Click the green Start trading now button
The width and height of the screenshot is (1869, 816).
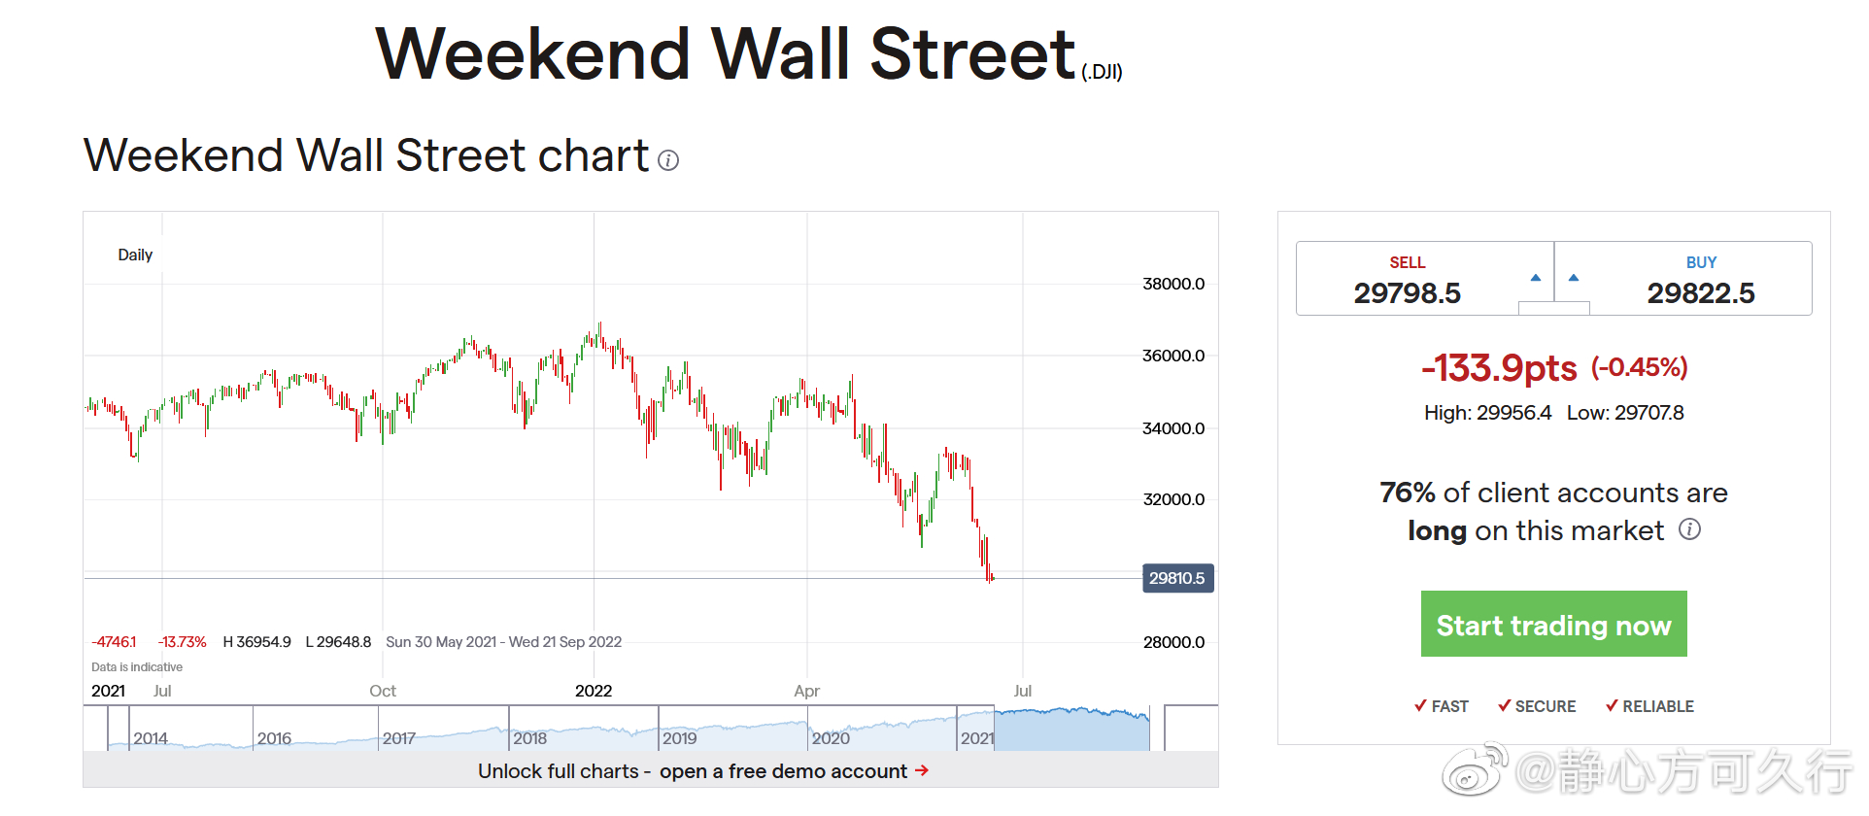pos(1553,625)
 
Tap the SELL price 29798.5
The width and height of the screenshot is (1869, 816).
pos(1407,292)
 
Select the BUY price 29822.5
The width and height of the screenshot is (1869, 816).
pos(1700,292)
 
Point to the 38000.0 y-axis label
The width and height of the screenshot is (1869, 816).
pos(1172,284)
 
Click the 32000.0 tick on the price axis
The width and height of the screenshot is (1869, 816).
pos(1172,499)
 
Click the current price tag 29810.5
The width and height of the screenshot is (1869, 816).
pos(1177,578)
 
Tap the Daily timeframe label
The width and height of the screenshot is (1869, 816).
pos(135,255)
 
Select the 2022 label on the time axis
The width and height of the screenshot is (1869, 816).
pos(594,691)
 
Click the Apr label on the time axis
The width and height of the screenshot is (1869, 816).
pos(806,691)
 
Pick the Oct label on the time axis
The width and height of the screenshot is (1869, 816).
pos(383,691)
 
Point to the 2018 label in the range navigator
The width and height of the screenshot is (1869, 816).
pos(529,738)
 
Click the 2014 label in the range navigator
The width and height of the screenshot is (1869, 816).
pos(151,738)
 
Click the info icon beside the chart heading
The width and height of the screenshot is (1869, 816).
pos(668,160)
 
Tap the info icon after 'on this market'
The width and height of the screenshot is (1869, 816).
pos(1690,529)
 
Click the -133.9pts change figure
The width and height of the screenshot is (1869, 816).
pos(1499,368)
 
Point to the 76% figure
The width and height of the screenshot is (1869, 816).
pos(1408,493)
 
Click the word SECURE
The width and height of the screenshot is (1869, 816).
pos(1545,706)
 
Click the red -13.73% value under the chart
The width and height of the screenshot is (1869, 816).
pos(183,642)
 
